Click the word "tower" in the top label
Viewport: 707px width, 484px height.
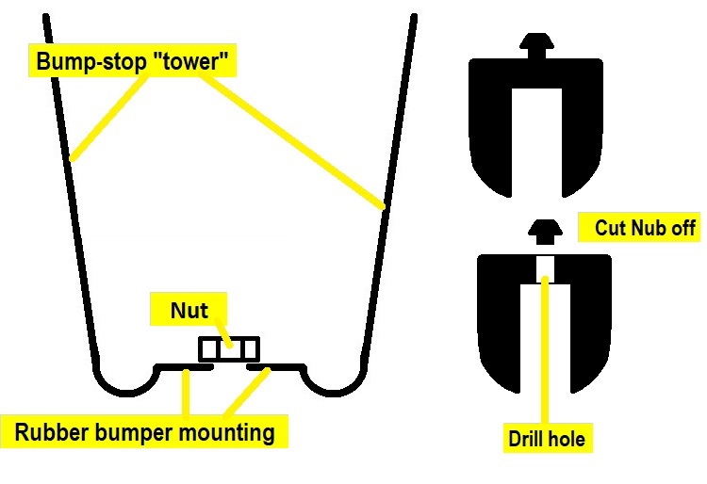[x=194, y=63]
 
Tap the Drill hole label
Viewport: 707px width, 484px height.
[x=545, y=438]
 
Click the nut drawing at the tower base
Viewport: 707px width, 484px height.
[x=228, y=349]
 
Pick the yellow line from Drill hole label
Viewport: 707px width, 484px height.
[x=545, y=348]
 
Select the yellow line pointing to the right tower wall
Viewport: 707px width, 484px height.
[x=292, y=141]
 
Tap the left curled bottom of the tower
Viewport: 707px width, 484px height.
[x=126, y=380]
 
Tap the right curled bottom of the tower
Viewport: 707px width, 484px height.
[x=330, y=380]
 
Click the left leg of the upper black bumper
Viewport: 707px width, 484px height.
[x=496, y=141]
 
